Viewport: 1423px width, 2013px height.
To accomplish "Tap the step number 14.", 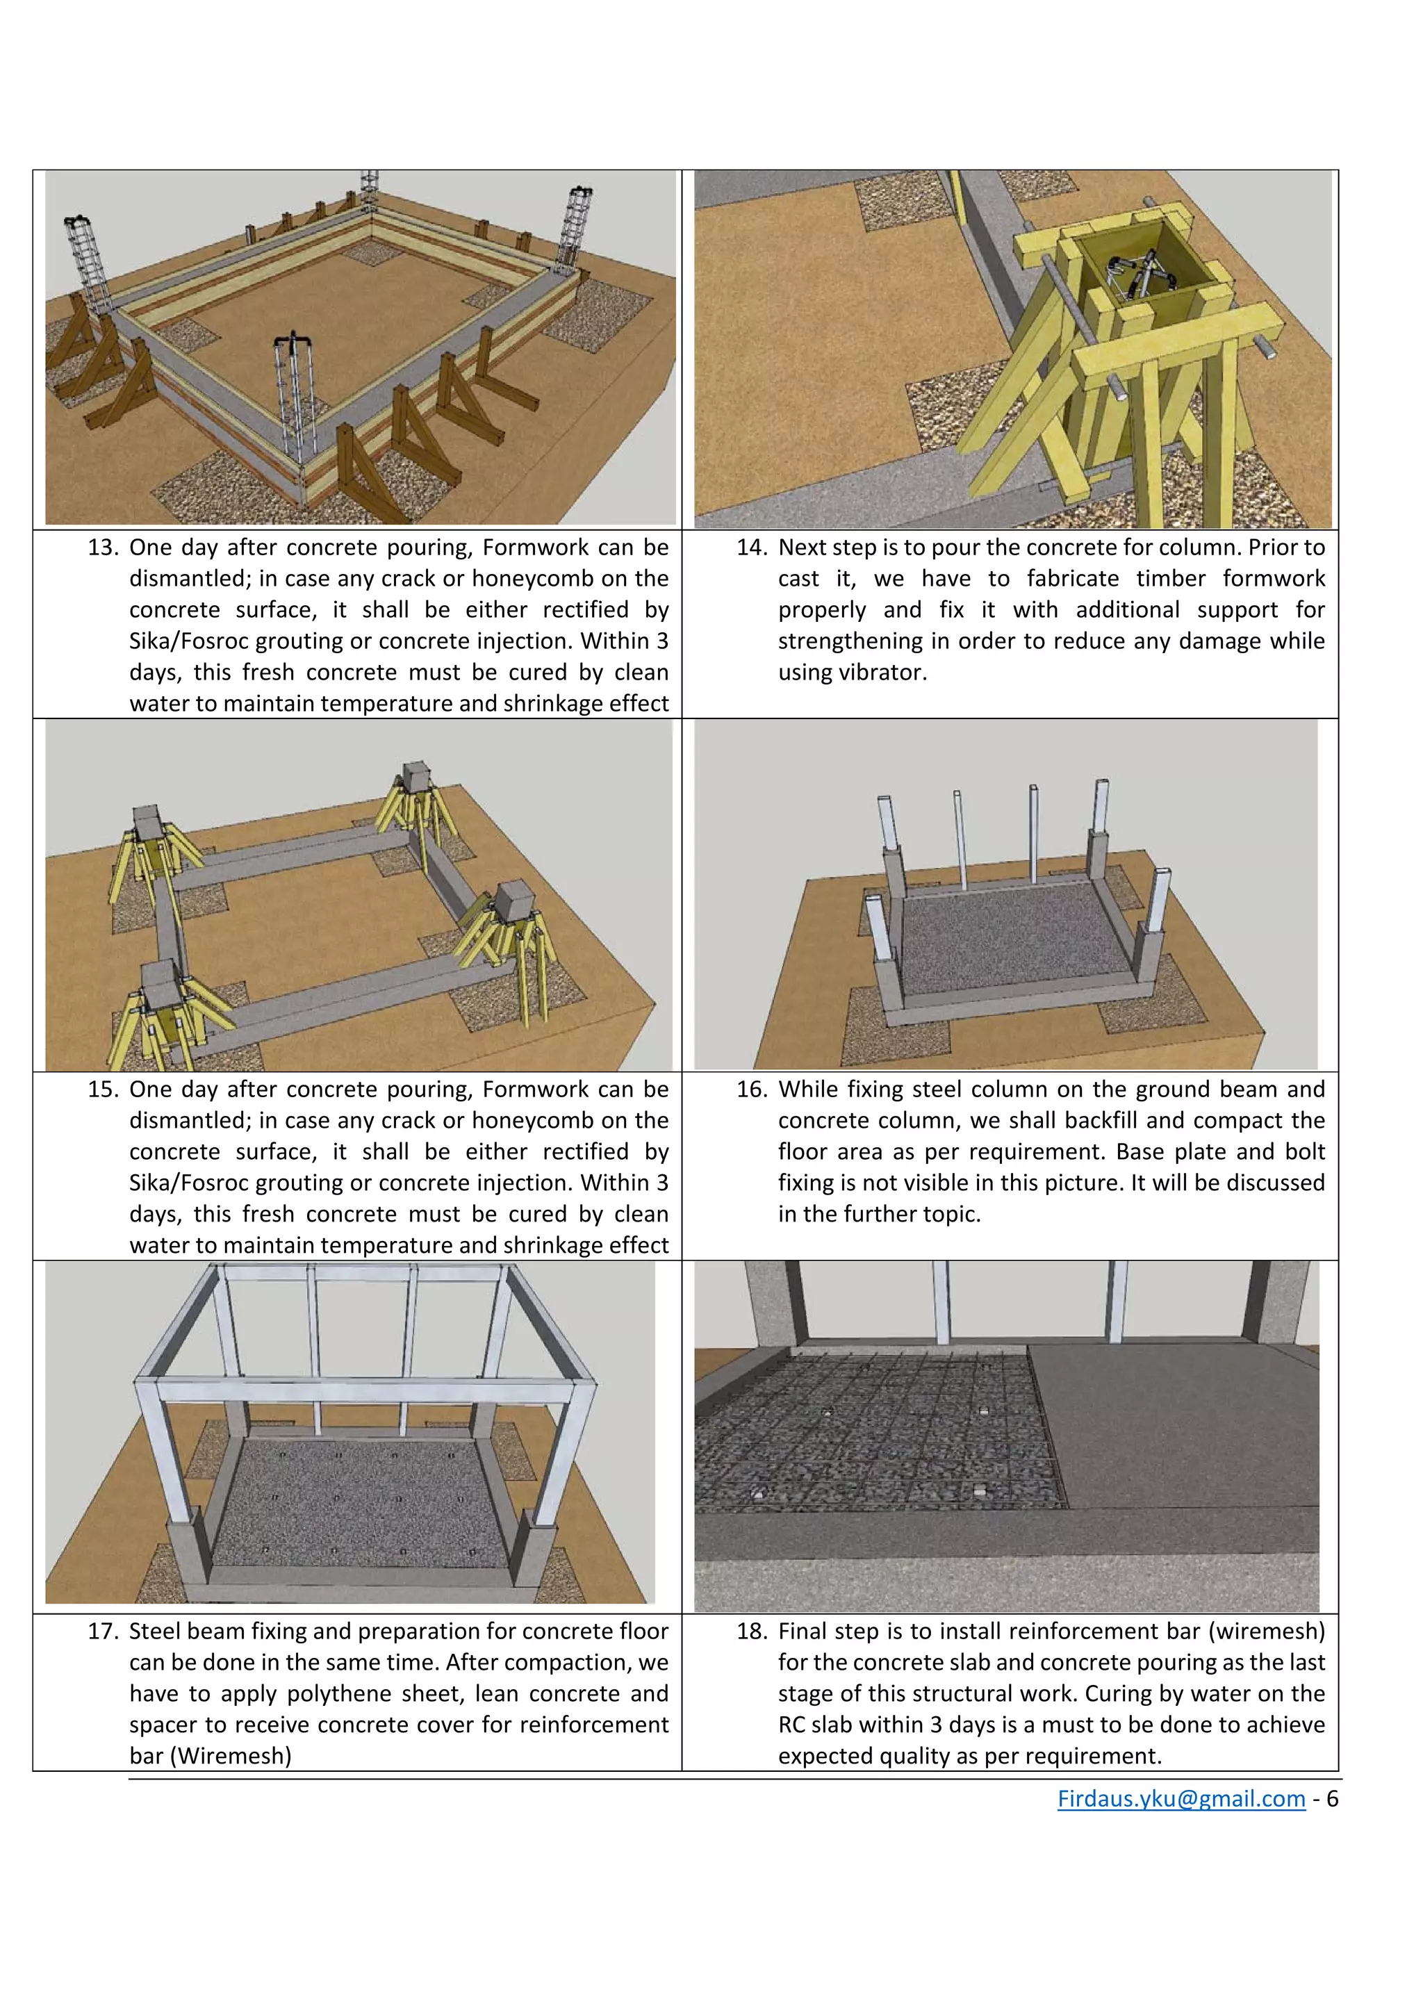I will coord(751,548).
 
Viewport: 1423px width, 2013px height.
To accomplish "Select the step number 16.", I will coord(751,1090).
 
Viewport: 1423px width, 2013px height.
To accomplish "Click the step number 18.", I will coord(751,1632).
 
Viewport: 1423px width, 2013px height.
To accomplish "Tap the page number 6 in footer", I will coord(1332,1799).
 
